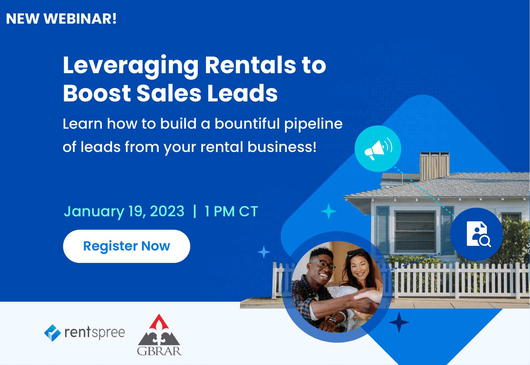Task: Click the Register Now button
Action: pos(126,246)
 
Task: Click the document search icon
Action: pos(478,234)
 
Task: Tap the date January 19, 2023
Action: pos(124,211)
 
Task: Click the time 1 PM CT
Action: pos(231,211)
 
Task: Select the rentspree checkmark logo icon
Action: pos(53,333)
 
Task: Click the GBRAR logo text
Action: pos(159,351)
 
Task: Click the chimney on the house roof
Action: pos(434,166)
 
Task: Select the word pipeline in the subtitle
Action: pos(313,124)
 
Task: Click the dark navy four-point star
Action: pos(399,322)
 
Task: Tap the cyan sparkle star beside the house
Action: pos(328,211)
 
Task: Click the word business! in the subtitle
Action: pos(282,147)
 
